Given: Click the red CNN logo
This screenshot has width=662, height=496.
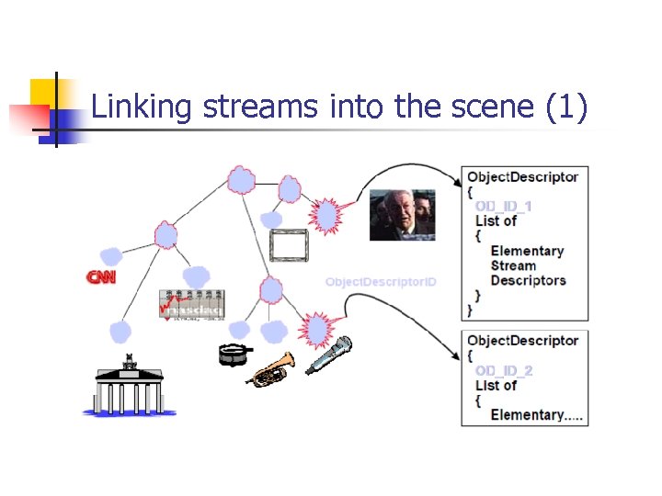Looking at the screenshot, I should tap(101, 276).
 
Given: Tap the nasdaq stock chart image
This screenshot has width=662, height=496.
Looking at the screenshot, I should tap(191, 305).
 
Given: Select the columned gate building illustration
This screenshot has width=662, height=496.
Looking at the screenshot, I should tap(129, 386).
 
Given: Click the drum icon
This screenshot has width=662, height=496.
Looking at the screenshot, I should tap(234, 354).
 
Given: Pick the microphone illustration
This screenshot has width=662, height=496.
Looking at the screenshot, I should tap(329, 355).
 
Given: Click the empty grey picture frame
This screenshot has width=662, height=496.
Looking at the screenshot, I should tap(288, 246).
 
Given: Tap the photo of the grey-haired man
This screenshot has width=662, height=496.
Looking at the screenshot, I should tap(401, 214).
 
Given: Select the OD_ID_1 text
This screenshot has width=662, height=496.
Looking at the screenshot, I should tap(503, 206).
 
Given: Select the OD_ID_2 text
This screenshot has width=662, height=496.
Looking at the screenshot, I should tap(503, 370).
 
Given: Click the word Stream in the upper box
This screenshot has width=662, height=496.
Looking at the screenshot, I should tap(513, 265).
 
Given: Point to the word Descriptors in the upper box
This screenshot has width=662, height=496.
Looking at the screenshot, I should tap(528, 280).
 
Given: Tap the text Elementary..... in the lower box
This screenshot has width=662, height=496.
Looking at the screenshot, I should tap(536, 414).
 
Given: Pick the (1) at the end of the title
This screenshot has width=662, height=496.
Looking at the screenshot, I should tap(565, 107).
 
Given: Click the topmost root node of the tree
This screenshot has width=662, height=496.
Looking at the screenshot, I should tap(241, 179).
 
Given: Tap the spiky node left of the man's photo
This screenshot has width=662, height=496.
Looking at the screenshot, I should tap(327, 216).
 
